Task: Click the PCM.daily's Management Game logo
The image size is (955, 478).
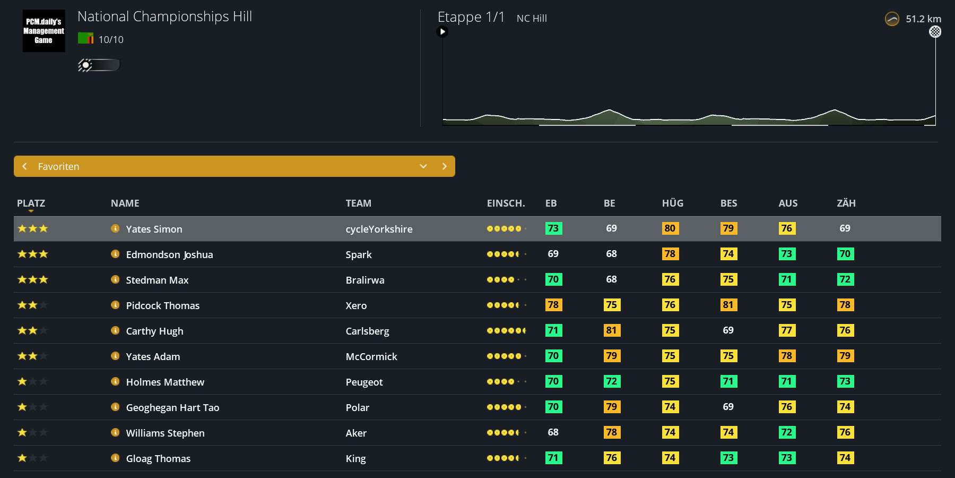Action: pos(44,31)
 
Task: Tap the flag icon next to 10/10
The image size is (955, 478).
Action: pos(85,38)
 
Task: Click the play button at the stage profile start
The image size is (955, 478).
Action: pos(442,32)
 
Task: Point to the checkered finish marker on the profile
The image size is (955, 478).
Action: pos(935,32)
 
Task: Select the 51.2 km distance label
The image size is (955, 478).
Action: pos(923,19)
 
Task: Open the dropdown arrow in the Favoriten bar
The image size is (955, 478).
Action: pos(423,166)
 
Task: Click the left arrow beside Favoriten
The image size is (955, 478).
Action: pos(24,166)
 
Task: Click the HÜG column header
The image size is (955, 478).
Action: pos(673,203)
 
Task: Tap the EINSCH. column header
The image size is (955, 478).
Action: pos(506,203)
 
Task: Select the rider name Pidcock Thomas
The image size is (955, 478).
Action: pos(163,305)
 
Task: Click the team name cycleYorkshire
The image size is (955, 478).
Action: pos(379,229)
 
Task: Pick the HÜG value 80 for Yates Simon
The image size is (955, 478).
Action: pos(670,228)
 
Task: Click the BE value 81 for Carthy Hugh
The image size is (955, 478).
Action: pos(612,330)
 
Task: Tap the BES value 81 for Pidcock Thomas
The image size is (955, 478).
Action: pos(728,305)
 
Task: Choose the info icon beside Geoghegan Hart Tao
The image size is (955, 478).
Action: pos(115,407)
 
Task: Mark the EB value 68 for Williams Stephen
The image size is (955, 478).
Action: pos(553,432)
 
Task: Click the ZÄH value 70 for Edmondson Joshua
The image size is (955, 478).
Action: pos(845,254)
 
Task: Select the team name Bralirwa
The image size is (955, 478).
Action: pos(365,280)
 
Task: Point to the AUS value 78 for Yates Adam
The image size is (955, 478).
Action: pos(787,356)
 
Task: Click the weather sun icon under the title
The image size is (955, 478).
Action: pos(85,65)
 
